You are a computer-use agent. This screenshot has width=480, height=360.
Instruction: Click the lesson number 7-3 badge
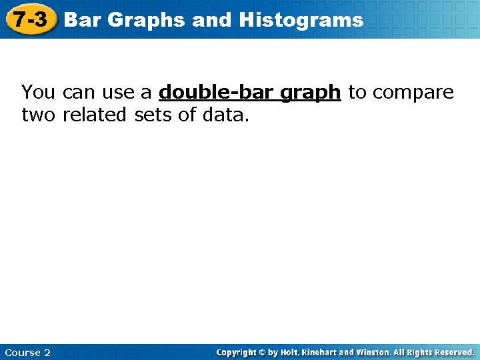pos(31,19)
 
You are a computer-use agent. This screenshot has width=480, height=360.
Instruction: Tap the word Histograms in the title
pos(301,20)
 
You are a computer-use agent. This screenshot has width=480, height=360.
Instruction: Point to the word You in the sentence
pos(39,92)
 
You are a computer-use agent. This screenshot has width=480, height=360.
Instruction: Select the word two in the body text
pos(39,115)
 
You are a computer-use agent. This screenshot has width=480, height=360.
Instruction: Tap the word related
pos(96,115)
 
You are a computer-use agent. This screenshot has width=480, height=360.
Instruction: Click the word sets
pos(154,115)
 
